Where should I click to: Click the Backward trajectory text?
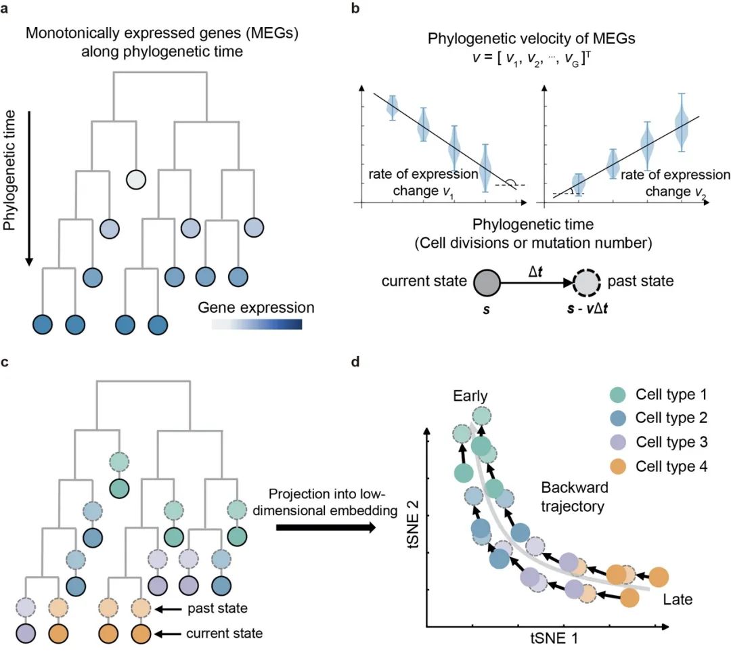point(574,496)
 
